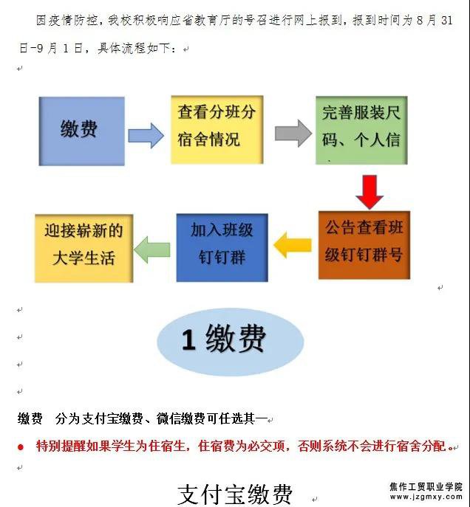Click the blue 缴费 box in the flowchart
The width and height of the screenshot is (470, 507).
click(x=81, y=131)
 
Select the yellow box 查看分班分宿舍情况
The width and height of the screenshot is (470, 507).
click(x=217, y=130)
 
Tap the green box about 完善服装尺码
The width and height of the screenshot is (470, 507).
click(x=361, y=131)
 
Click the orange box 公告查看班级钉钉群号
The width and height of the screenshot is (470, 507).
click(x=364, y=245)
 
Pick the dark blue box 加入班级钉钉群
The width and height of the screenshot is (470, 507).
click(x=222, y=247)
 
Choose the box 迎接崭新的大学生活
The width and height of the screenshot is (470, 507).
click(x=84, y=248)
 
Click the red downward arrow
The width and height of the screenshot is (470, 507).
click(x=369, y=192)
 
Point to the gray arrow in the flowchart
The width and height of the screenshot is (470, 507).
click(x=293, y=134)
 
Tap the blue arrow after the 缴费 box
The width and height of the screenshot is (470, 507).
click(x=146, y=136)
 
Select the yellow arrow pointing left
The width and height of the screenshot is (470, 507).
click(x=293, y=245)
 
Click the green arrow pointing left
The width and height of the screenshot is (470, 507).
click(x=151, y=249)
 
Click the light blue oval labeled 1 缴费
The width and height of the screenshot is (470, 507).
click(x=230, y=342)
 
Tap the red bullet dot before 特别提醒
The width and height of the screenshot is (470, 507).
click(x=21, y=447)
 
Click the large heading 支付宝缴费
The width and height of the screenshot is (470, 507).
click(x=235, y=494)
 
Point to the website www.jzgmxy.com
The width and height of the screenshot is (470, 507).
click(x=426, y=497)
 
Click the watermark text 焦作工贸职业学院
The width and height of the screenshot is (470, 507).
click(x=426, y=486)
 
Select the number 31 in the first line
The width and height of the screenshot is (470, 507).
click(x=446, y=21)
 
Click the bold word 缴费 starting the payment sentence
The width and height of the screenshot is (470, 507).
click(x=30, y=418)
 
